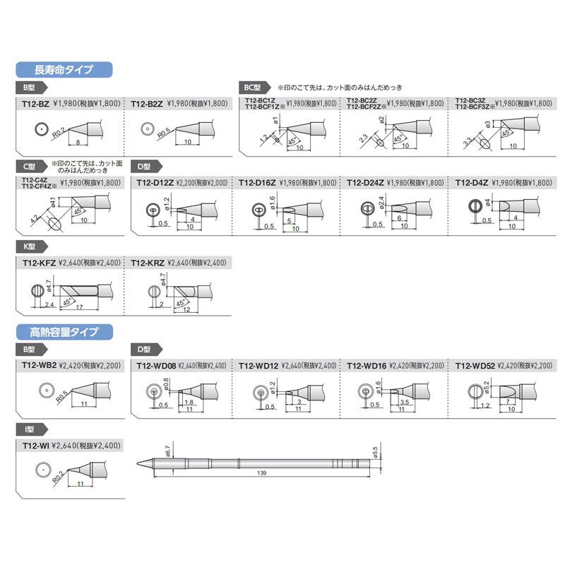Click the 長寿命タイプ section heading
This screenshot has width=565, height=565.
pyautogui.click(x=64, y=69)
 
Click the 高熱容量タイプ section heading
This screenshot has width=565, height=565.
pyautogui.click(x=64, y=331)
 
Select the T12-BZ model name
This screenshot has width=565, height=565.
pyautogui.click(x=35, y=103)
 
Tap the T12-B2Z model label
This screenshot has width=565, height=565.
pyautogui.click(x=147, y=103)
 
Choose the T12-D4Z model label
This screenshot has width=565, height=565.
pyautogui.click(x=471, y=182)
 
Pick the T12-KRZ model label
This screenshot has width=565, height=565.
pyautogui.click(x=148, y=262)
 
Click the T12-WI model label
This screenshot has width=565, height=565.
pyautogui.click(x=35, y=445)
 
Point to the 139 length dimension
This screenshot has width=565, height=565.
pyautogui.click(x=262, y=472)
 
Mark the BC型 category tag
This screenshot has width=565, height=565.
pyautogui.click(x=252, y=87)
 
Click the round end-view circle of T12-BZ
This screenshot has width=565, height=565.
pyautogui.click(x=41, y=130)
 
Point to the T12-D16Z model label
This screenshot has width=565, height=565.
pyautogui.click(x=257, y=182)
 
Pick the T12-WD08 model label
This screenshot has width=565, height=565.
pyautogui.click(x=154, y=365)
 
